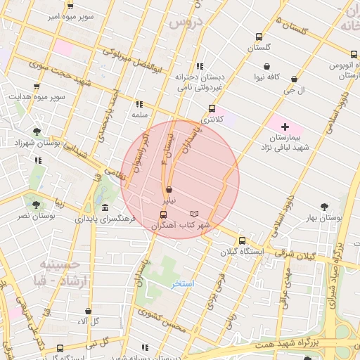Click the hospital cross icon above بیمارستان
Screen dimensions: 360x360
pyautogui.click(x=284, y=126)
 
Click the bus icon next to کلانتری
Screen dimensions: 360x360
pyautogui.click(x=212, y=108)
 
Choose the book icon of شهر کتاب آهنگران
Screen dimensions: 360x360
pyautogui.click(x=195, y=214)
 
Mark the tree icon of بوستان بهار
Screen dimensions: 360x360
pyautogui.click(x=323, y=207)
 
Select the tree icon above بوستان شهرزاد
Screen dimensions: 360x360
pyautogui.click(x=36, y=131)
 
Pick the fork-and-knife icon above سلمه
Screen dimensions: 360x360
pyautogui.click(x=139, y=103)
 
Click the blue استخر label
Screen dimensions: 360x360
pyautogui.click(x=184, y=283)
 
